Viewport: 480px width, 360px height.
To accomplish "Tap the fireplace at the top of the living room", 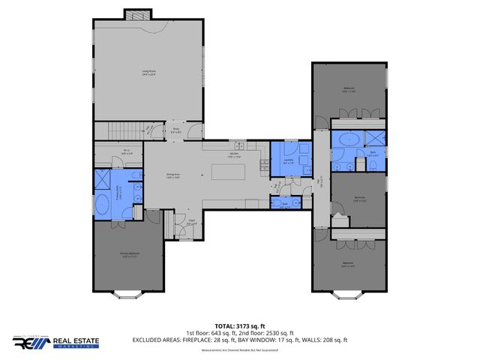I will pos(137,14).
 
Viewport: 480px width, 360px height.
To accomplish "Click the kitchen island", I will pos(228,172).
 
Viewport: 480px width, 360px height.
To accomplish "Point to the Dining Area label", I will pos(174,176).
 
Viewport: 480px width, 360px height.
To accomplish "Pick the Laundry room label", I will pos(289,160).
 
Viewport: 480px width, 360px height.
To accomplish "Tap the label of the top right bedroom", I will pos(349,88).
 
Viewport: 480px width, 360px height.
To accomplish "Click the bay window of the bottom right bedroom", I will pos(349,298).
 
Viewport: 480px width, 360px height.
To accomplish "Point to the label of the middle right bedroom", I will pos(359,199).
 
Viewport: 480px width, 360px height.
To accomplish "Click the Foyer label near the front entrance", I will pos(191,220).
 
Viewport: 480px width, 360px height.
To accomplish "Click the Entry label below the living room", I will pos(175,130).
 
